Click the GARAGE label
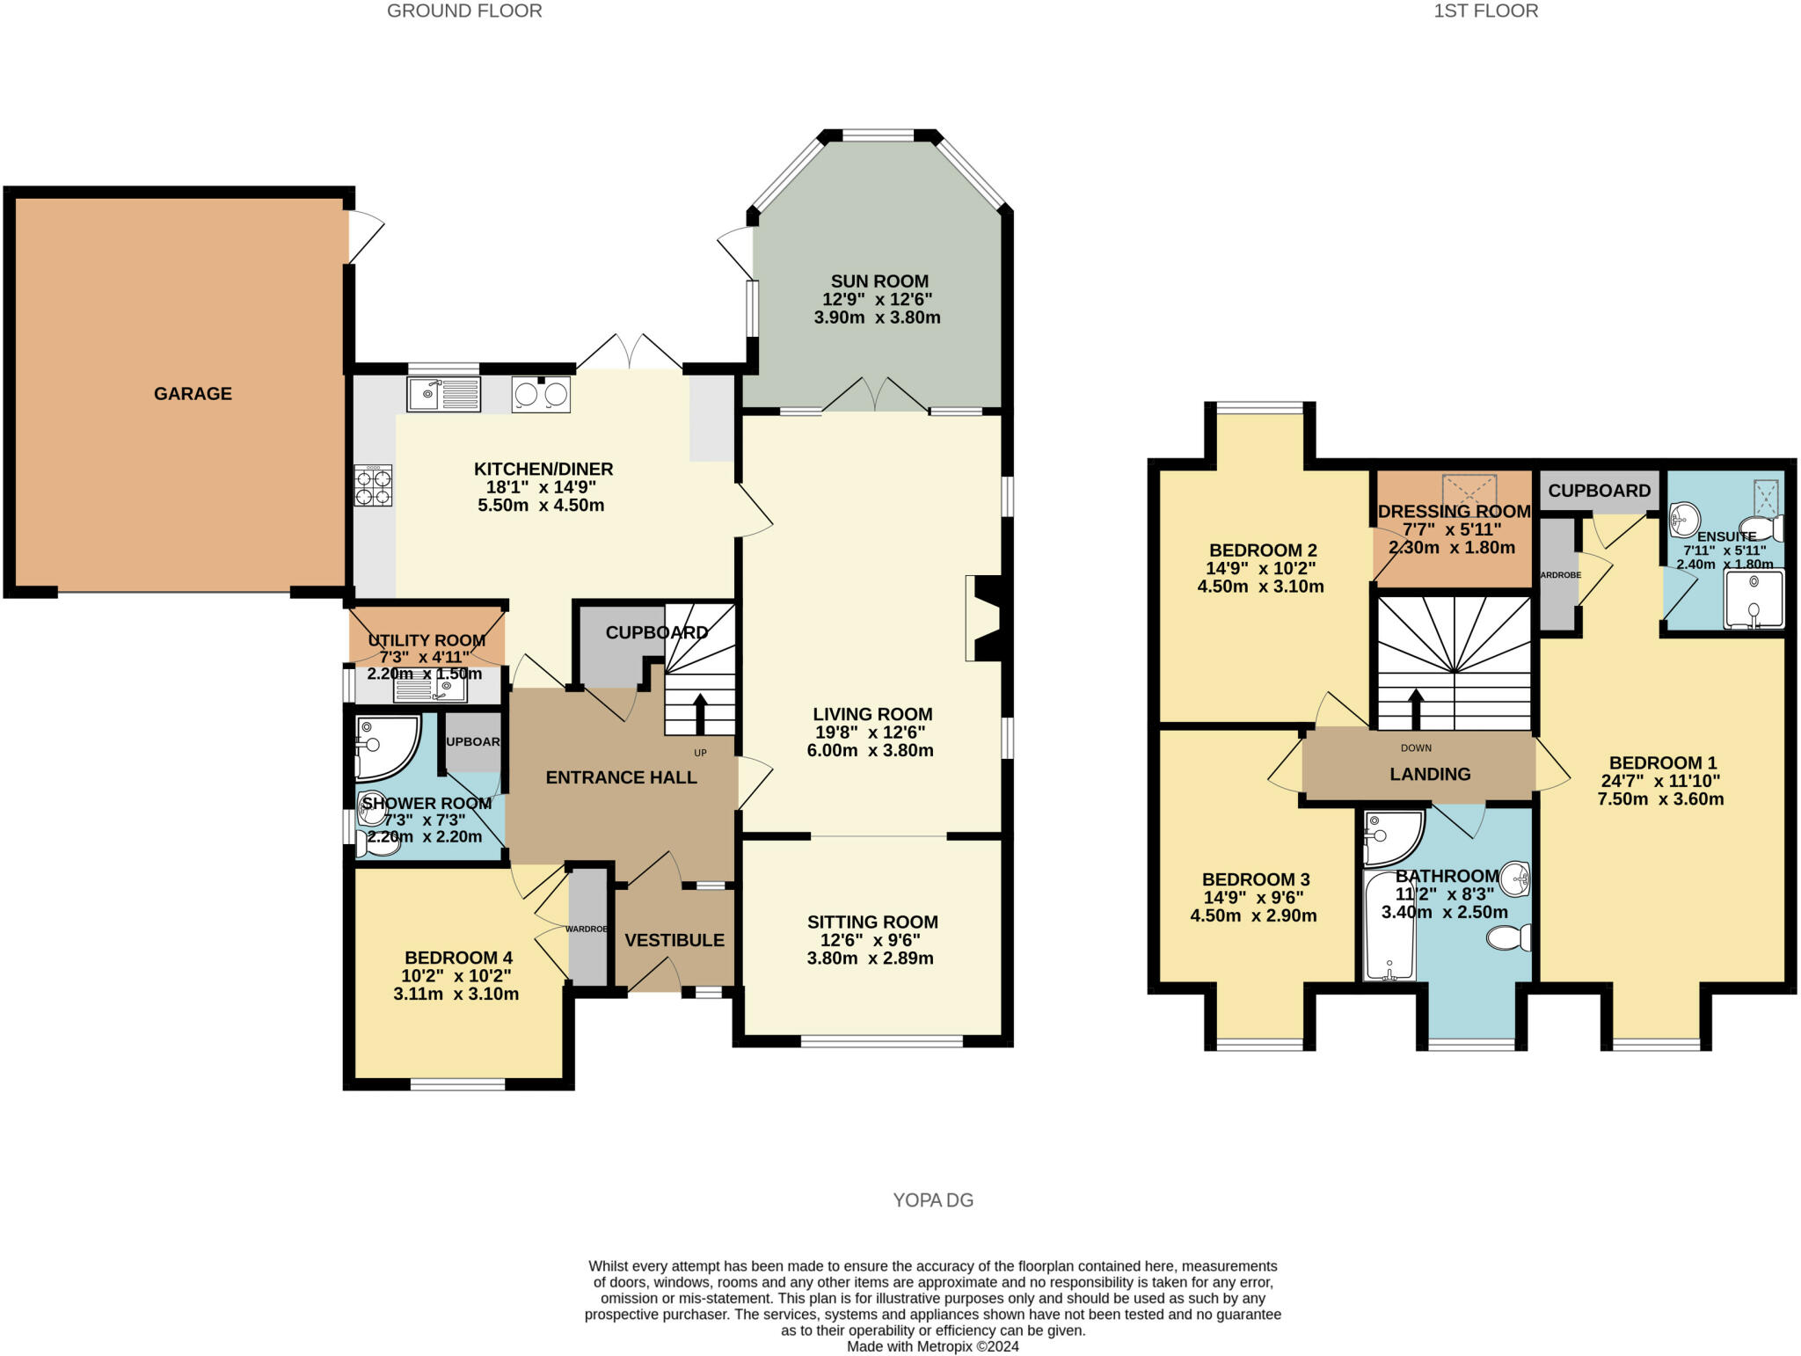click(x=193, y=394)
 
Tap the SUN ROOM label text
click(x=879, y=281)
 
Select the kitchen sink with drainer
click(x=444, y=394)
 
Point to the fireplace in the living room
click(x=982, y=617)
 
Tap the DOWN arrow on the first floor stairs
click(x=1416, y=709)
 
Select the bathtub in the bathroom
click(x=1389, y=925)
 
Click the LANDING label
click(x=1430, y=774)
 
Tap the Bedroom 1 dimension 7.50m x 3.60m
click(x=1660, y=799)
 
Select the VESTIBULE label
click(x=674, y=940)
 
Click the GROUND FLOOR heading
click(x=464, y=11)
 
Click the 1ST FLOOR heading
click(x=1485, y=11)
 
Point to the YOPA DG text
click(x=933, y=1200)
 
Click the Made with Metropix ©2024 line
click(x=932, y=1346)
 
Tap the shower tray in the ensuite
click(x=1754, y=599)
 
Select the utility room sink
click(x=430, y=689)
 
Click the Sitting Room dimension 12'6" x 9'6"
click(x=871, y=940)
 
